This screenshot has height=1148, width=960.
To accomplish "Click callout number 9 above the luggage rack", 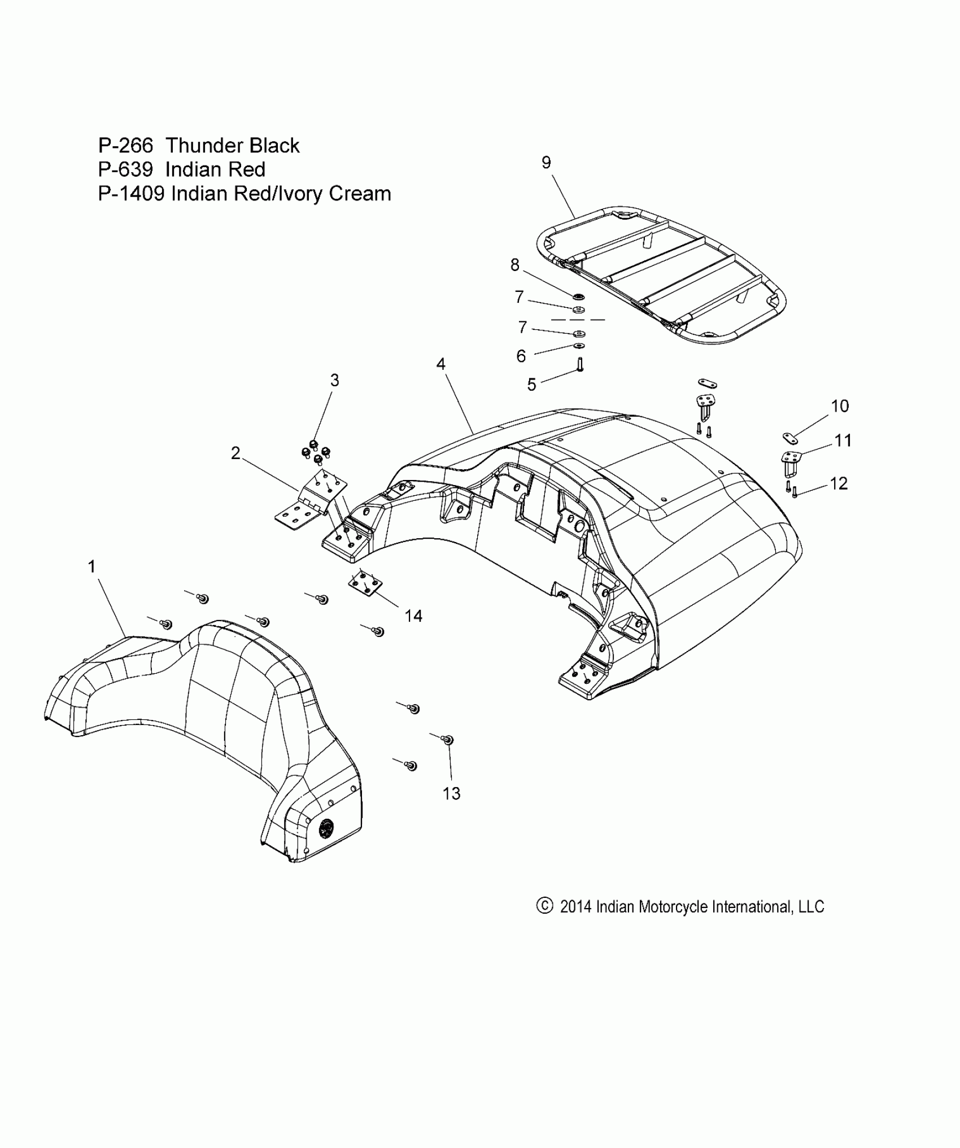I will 546,163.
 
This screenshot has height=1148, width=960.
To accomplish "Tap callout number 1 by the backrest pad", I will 92,566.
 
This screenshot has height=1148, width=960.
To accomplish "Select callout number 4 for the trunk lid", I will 440,364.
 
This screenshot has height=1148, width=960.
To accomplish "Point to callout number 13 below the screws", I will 452,793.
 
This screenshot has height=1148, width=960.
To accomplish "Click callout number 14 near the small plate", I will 413,616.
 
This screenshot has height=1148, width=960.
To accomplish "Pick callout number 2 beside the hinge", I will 235,453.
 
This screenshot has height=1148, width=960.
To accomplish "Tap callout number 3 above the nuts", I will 334,380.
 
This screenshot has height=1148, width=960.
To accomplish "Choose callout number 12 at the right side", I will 839,483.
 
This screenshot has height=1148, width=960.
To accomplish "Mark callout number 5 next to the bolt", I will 531,385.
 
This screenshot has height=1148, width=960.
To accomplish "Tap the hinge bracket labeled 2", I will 311,503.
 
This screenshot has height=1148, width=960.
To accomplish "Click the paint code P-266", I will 125,146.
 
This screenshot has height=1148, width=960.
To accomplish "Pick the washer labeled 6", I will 579,346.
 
